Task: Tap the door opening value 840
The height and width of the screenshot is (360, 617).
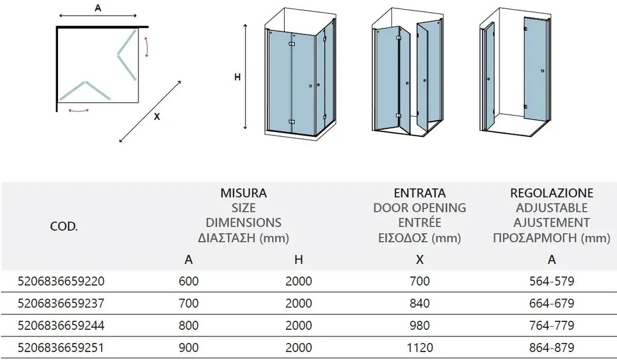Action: click(x=420, y=304)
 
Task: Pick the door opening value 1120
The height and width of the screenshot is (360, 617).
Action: click(x=420, y=348)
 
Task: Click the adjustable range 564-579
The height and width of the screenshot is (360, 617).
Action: click(x=551, y=281)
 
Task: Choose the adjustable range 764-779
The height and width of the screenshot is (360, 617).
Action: click(x=551, y=326)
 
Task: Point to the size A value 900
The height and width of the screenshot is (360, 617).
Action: click(x=189, y=348)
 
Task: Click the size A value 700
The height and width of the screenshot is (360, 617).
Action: click(x=189, y=304)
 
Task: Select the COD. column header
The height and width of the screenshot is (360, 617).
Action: click(x=64, y=227)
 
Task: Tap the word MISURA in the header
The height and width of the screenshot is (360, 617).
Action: click(x=243, y=194)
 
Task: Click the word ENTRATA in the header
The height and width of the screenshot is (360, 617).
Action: click(x=420, y=194)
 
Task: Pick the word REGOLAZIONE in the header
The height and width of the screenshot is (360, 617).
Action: click(x=551, y=194)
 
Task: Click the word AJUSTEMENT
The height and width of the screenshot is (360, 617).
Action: click(x=551, y=223)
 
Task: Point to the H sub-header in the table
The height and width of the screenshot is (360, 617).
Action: click(x=298, y=260)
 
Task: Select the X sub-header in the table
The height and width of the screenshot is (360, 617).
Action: click(x=420, y=260)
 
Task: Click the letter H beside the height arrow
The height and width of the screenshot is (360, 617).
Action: click(x=237, y=77)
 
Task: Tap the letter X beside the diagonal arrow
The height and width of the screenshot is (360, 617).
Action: click(x=157, y=117)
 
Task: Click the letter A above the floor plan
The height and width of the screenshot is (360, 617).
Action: click(x=97, y=8)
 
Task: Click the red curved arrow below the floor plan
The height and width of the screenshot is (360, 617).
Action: click(x=79, y=111)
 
